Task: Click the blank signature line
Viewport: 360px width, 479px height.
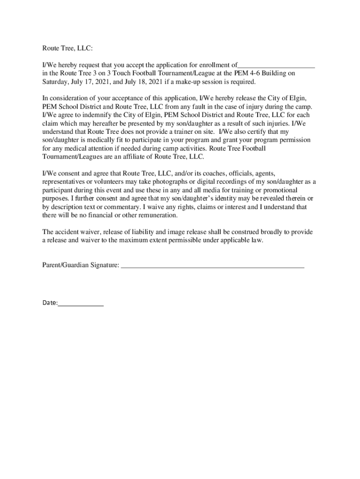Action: [x=212, y=266]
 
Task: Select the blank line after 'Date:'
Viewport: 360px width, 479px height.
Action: [x=81, y=305]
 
